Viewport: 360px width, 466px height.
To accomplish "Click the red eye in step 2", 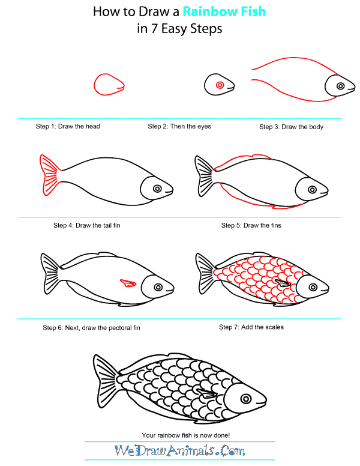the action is click(220, 85).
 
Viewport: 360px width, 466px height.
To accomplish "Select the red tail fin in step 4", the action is click(50, 175).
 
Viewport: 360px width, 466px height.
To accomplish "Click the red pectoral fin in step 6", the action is click(128, 283).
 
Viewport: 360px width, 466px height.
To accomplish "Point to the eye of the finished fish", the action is click(246, 399).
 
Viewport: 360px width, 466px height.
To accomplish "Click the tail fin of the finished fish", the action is click(106, 381).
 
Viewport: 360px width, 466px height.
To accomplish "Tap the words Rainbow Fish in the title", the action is click(224, 11).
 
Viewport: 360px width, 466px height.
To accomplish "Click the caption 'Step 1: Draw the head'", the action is click(68, 126).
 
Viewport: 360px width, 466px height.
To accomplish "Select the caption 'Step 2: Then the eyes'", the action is click(179, 126).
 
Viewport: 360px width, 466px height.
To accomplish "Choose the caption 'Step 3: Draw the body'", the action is click(291, 127).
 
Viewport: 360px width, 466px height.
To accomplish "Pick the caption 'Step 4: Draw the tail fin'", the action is click(87, 225).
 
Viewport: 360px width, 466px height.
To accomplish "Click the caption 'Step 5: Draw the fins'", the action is click(251, 225).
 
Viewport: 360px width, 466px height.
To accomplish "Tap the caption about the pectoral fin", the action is click(91, 328).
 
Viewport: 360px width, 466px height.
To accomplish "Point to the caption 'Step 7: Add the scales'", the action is click(251, 327).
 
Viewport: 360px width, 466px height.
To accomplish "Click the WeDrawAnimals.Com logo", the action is click(180, 450).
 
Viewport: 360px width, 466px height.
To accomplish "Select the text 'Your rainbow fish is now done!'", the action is click(185, 435).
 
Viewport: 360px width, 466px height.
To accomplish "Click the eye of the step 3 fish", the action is click(340, 86).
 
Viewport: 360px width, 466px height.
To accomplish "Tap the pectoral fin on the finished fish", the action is click(207, 394).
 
